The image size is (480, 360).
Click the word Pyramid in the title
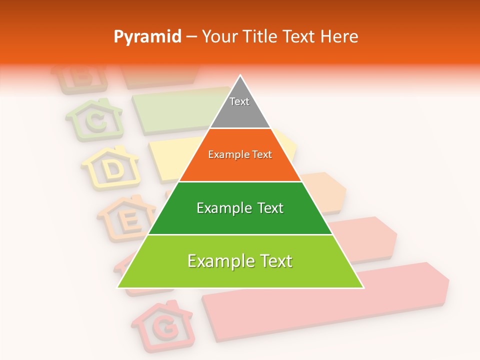[147, 37]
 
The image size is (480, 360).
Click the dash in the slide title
[191, 37]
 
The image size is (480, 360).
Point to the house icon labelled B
[80, 79]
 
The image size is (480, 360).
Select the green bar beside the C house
[175, 110]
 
